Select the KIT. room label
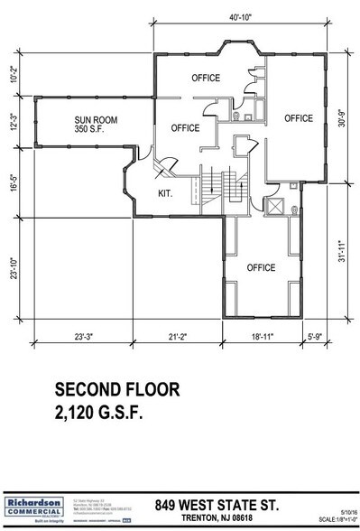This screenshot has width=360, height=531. click(x=164, y=193)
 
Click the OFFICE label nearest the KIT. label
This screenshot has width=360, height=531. click(x=185, y=128)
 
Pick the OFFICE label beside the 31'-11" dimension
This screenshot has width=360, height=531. click(x=261, y=267)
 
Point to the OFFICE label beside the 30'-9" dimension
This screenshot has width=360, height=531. click(x=298, y=118)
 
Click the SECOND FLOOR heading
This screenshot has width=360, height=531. click(x=117, y=391)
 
